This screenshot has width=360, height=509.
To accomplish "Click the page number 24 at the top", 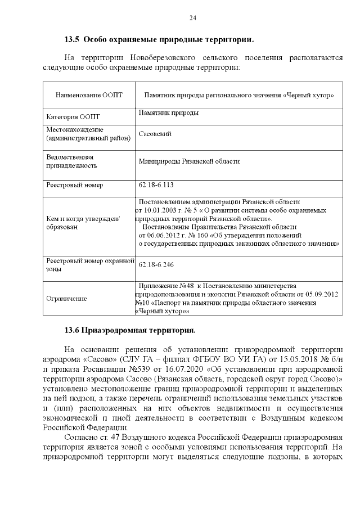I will [x=192, y=18].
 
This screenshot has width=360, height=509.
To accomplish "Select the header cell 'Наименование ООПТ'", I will [x=88, y=96].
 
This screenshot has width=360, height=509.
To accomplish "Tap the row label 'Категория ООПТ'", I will [x=73, y=117].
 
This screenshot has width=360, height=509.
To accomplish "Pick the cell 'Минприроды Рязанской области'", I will [x=190, y=161].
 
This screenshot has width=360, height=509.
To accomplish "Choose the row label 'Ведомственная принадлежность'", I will [x=70, y=161].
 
